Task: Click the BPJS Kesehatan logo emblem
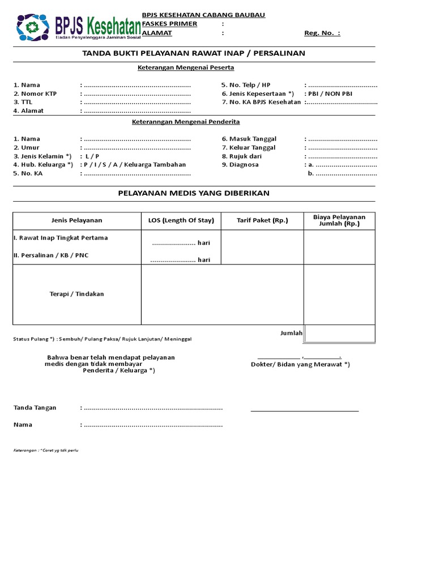click(x=33, y=27)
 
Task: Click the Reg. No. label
click(x=322, y=33)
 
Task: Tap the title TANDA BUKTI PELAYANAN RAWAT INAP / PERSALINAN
click(x=194, y=53)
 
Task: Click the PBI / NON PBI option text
click(x=330, y=93)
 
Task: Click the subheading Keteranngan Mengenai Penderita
click(x=186, y=122)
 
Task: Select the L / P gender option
click(x=92, y=156)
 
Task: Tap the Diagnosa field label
click(x=244, y=165)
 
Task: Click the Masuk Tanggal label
click(x=249, y=139)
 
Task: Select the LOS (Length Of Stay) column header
click(x=181, y=220)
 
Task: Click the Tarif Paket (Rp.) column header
click(x=262, y=220)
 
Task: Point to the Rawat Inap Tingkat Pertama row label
click(x=61, y=238)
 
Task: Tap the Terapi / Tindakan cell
click(x=77, y=294)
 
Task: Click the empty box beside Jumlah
click(x=339, y=333)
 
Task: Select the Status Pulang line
click(x=103, y=339)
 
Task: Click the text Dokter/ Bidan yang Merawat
click(x=300, y=364)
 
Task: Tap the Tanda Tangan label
click(x=35, y=408)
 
